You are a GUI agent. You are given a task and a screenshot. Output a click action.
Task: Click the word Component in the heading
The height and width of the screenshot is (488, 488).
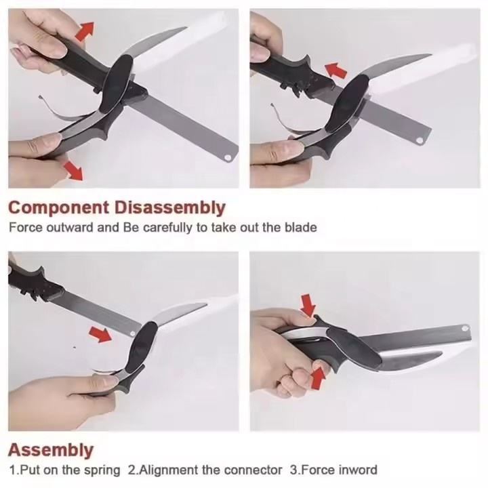click(59, 207)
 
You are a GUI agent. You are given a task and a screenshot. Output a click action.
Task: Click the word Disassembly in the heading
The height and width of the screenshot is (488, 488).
click(169, 207)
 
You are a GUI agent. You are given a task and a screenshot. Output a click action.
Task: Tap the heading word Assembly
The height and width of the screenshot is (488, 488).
click(51, 450)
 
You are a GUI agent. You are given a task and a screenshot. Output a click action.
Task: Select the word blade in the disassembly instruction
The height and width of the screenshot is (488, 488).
click(301, 228)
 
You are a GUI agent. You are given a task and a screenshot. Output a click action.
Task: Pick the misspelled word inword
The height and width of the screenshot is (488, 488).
click(357, 470)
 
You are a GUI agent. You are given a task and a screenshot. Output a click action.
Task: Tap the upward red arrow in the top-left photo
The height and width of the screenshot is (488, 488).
click(84, 31)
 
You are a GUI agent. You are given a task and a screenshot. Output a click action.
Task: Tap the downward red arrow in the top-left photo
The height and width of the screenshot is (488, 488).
click(73, 171)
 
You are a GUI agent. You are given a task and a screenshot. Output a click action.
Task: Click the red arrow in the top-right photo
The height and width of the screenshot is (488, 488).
click(336, 70)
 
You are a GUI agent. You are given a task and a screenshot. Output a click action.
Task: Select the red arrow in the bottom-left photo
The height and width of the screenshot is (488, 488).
click(100, 334)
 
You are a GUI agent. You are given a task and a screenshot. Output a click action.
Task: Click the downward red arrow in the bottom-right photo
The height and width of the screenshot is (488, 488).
click(308, 305)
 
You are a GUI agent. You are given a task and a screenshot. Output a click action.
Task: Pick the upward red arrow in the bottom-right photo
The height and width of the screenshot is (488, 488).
click(318, 378)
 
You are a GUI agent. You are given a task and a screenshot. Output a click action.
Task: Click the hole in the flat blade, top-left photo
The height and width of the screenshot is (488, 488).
click(229, 157)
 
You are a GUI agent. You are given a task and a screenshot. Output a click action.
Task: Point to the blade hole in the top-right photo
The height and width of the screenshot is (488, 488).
click(420, 140)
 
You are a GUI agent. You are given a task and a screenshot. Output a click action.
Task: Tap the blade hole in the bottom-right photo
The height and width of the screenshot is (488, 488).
click(465, 328)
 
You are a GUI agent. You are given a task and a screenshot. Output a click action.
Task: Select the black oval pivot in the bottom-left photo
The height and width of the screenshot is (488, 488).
click(142, 344)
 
